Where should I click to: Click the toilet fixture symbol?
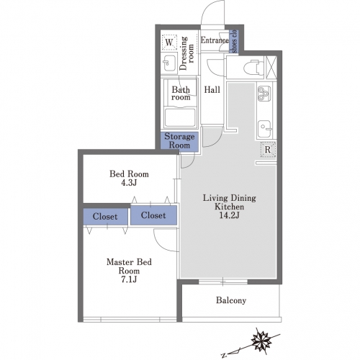pos(253,67)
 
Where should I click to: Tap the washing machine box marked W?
pos(169,42)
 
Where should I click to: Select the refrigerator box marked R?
pos(268,150)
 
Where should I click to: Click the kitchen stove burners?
pos(264,94)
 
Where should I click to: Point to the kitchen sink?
pos(265,129)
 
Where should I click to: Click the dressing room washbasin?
pos(169,63)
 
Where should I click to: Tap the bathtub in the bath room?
pos(180,117)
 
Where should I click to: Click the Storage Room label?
pos(179,141)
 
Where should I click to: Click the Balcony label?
pos(231,300)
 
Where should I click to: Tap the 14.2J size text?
pos(229,215)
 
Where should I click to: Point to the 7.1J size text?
pos(129,279)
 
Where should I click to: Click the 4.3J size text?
pos(129,183)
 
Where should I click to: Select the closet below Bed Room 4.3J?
pos(153,215)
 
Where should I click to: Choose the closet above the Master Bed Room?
pos(105,217)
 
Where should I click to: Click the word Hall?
pos(212,90)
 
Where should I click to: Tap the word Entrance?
pos(215,40)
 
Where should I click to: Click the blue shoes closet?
pos(234,41)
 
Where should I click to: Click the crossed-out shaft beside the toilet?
pos(271,67)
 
